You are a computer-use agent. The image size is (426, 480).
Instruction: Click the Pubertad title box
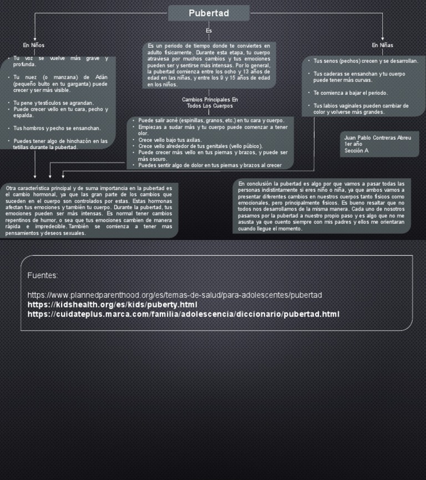209,13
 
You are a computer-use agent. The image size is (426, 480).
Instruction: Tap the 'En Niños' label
34,45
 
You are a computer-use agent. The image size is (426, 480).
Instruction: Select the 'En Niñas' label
382,45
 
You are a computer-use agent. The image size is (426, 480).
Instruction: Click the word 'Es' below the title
209,30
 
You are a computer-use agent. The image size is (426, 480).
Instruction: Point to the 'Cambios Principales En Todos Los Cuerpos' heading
210,103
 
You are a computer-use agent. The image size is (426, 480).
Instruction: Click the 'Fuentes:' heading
42,275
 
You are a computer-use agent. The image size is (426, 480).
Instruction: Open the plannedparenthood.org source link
174,294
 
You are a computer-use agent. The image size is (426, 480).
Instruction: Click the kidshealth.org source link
112,304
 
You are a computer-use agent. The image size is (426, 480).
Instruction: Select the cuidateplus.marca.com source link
183,314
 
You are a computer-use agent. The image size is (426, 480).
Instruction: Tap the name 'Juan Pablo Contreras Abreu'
378,137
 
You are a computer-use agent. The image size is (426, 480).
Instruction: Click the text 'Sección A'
356,150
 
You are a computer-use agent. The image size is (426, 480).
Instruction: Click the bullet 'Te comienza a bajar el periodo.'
350,93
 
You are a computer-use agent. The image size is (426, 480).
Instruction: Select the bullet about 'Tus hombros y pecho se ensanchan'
57,128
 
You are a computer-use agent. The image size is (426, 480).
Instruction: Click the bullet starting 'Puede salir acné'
211,120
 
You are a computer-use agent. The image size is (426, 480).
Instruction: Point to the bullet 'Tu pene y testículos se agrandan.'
53,103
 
